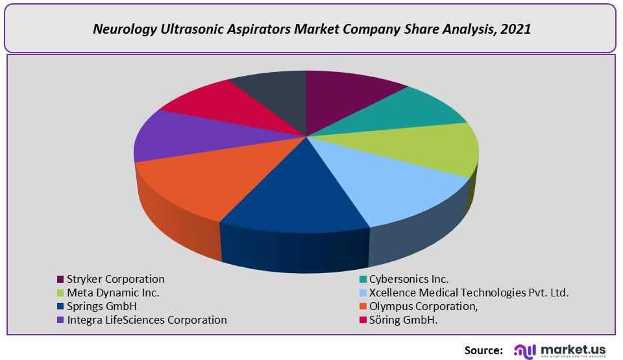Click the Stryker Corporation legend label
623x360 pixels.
click(116, 279)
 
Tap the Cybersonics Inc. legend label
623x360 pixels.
click(409, 279)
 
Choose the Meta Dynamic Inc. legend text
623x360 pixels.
click(113, 293)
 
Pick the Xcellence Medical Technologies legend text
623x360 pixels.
click(469, 293)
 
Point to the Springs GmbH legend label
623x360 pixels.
click(102, 306)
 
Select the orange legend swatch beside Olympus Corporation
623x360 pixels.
click(363, 307)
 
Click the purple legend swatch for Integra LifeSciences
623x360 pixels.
click(61, 320)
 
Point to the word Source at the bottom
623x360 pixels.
click(483, 350)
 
